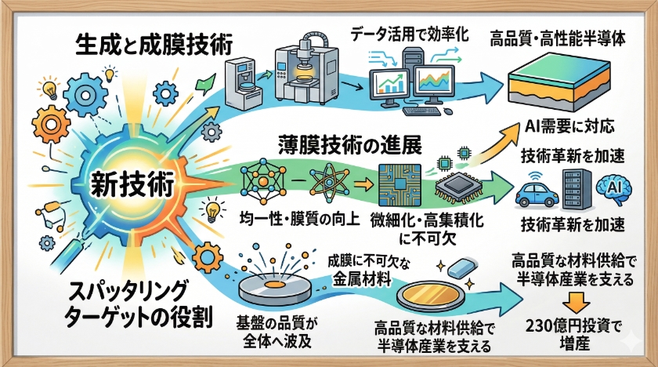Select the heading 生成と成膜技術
tap(152, 45)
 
